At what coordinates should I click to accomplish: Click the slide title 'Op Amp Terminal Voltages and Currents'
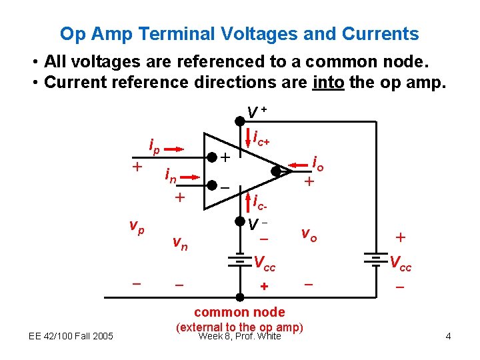click(239, 34)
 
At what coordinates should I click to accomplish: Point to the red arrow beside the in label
click(191, 177)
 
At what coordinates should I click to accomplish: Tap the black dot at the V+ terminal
click(240, 121)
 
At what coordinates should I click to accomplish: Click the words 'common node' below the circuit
click(239, 312)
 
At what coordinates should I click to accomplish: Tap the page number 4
click(448, 336)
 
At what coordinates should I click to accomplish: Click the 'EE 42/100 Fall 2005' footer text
click(71, 335)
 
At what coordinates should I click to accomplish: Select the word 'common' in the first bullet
click(339, 62)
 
